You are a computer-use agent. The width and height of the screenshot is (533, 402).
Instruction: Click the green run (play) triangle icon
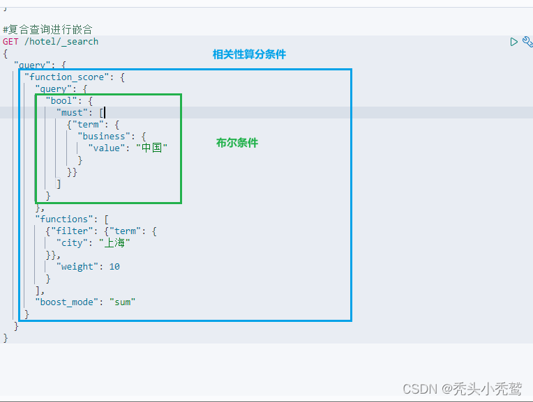(x=514, y=42)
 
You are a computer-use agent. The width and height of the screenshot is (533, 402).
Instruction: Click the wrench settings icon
(x=527, y=42)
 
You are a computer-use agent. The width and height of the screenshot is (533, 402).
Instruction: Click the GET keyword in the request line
(x=10, y=42)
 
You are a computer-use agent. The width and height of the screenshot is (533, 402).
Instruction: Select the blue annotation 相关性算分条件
(x=249, y=54)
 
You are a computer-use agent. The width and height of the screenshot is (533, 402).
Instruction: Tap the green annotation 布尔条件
(x=237, y=143)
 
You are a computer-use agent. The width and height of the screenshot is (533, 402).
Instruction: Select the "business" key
(x=104, y=137)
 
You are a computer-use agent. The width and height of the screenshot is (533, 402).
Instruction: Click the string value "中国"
(x=152, y=148)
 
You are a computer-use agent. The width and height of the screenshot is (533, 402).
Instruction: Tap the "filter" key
(x=70, y=231)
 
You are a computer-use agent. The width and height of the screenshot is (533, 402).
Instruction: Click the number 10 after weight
(x=114, y=267)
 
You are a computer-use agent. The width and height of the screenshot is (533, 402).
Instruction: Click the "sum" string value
(x=122, y=302)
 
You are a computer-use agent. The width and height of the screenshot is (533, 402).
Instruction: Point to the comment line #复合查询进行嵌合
(x=47, y=30)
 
